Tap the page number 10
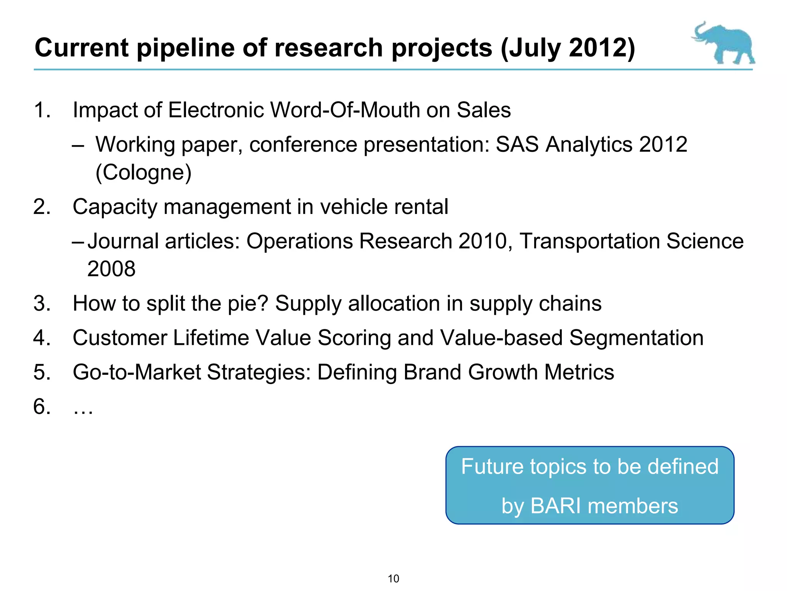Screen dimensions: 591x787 coord(393,579)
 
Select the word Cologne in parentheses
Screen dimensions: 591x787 coord(143,172)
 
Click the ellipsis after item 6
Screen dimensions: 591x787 coord(83,407)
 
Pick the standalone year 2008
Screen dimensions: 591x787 coord(111,269)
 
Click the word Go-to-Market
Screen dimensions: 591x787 coord(137,372)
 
